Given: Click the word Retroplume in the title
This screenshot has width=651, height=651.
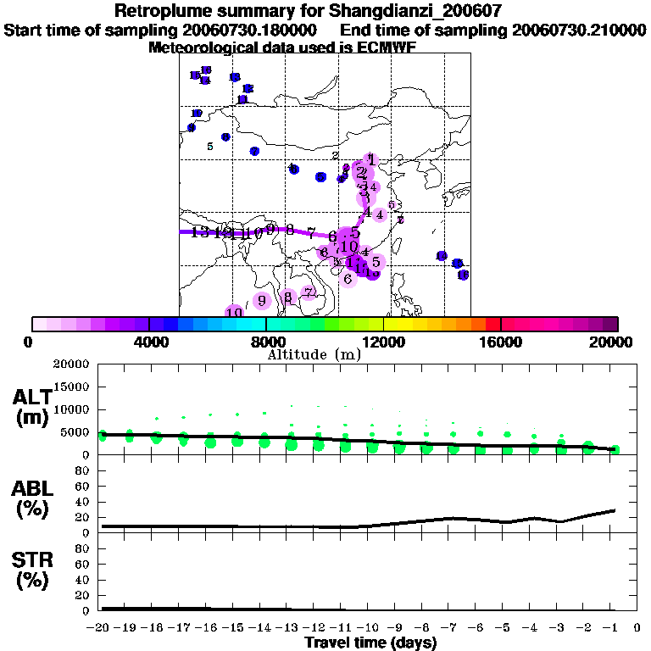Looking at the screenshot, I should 158,11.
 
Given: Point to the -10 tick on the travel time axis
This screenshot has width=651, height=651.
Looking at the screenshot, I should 371,627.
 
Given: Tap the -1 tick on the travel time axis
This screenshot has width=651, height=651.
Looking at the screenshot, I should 615,627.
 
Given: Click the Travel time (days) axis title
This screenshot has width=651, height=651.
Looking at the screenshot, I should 370,643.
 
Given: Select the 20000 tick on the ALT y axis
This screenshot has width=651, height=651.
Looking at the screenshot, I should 71,364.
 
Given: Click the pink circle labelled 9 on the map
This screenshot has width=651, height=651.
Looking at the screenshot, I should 262,300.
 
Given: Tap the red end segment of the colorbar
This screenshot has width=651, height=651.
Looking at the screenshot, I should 493,324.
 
